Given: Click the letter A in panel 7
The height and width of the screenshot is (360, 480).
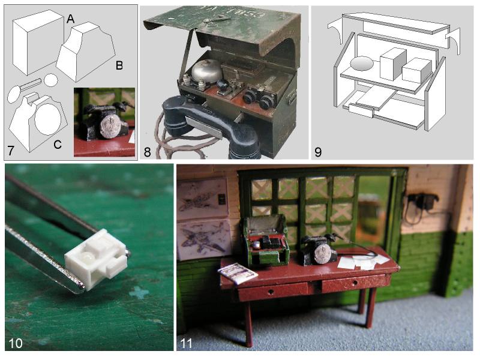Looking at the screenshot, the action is pyautogui.click(x=70, y=19).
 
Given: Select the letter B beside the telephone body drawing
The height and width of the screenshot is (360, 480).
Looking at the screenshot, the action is pyautogui.click(x=119, y=65).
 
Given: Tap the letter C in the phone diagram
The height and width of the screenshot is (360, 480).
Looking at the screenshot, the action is pyautogui.click(x=58, y=145).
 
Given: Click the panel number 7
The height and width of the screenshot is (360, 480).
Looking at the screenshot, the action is pyautogui.click(x=11, y=151).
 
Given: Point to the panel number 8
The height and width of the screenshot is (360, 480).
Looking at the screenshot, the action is pyautogui.click(x=147, y=152).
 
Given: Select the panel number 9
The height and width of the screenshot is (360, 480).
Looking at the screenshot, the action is pyautogui.click(x=318, y=152).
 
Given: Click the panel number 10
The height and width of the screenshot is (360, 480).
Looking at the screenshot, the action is pyautogui.click(x=16, y=343).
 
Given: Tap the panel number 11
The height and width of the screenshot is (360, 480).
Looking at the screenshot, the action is pyautogui.click(x=187, y=343).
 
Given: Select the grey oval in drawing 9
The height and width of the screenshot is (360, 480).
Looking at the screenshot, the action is pyautogui.click(x=362, y=64).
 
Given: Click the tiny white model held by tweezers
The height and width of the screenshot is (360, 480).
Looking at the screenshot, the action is pyautogui.click(x=96, y=258).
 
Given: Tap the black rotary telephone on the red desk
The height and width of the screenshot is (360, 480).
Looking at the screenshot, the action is pyautogui.click(x=319, y=250).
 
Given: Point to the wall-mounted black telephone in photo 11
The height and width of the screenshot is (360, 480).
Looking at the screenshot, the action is pyautogui.click(x=421, y=202).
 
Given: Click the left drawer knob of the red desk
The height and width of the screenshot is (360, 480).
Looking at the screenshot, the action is pyautogui.click(x=271, y=292).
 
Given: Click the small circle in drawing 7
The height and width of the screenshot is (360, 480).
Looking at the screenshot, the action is pyautogui.click(x=51, y=80).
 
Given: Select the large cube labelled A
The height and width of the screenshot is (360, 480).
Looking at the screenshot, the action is pyautogui.click(x=38, y=42).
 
